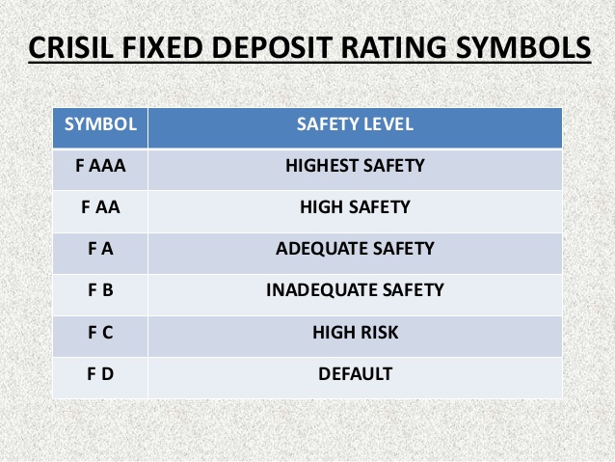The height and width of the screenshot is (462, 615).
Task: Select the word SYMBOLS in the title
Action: (523, 47)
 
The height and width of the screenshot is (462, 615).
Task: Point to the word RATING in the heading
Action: (394, 47)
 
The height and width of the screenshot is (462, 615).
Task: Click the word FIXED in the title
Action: (162, 47)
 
